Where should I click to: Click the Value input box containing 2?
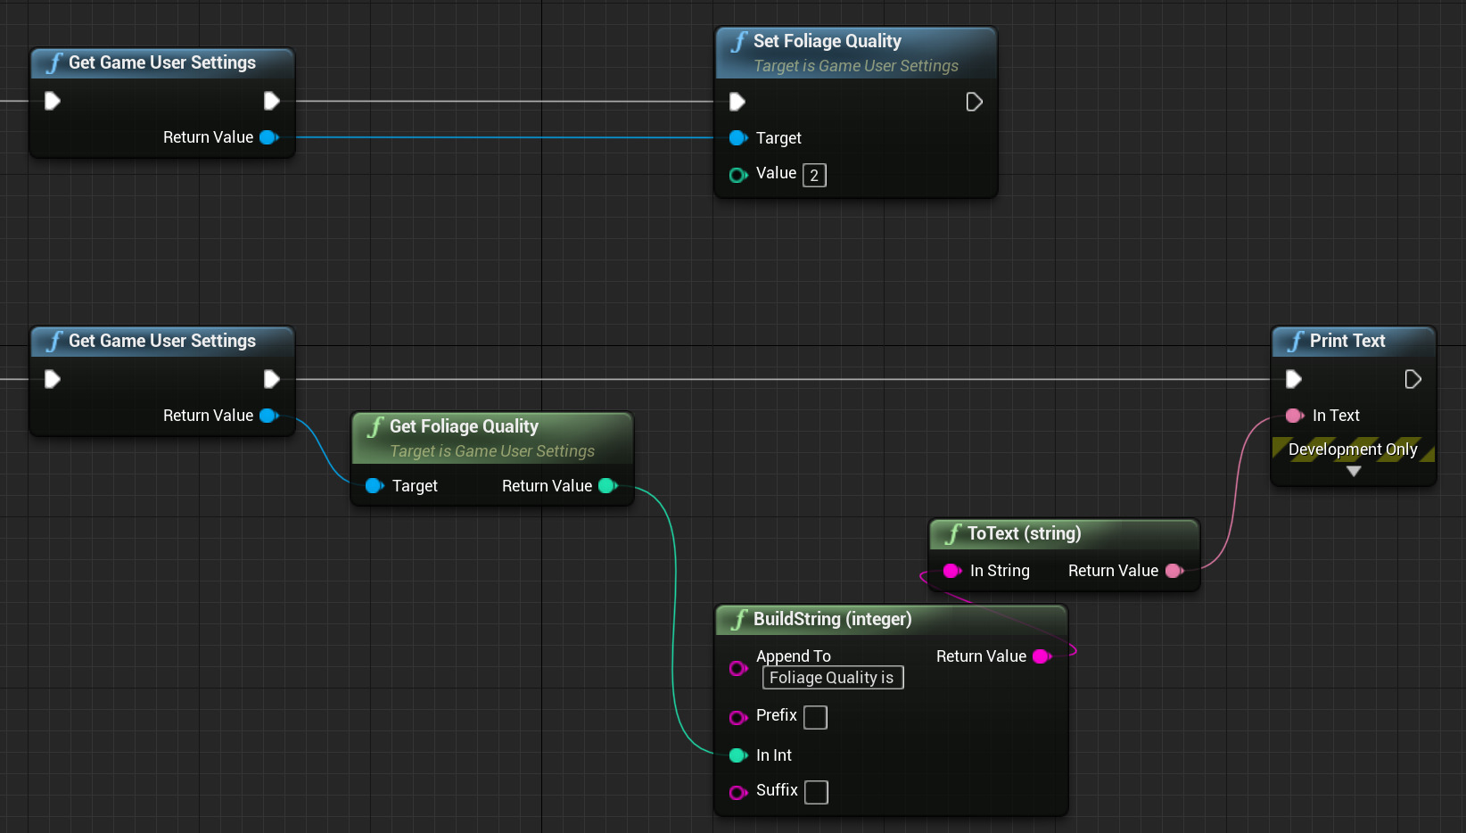click(814, 175)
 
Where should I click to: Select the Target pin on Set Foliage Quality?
click(737, 138)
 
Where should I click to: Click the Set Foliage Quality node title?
click(827, 41)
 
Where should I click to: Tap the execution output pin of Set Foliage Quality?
click(974, 102)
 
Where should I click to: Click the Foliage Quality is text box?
click(832, 678)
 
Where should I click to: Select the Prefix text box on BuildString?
click(815, 717)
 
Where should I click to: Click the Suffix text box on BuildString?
click(816, 792)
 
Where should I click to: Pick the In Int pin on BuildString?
click(737, 755)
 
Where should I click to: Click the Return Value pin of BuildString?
click(1041, 656)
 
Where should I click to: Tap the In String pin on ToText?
click(951, 571)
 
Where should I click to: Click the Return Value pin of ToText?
click(1174, 571)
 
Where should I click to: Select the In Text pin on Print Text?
click(1294, 416)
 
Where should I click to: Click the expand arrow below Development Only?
click(1354, 472)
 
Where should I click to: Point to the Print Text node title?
click(1347, 341)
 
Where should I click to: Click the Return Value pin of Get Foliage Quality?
click(607, 486)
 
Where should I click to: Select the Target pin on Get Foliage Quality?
click(375, 486)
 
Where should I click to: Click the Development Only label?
click(1353, 449)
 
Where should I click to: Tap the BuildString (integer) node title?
click(831, 619)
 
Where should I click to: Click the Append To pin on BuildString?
click(737, 668)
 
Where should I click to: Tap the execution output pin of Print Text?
click(1412, 379)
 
